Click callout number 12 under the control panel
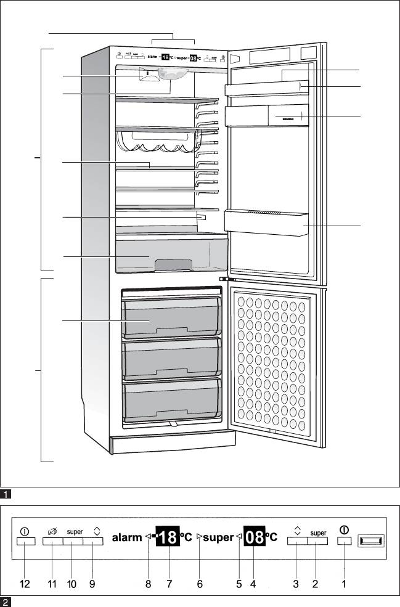point(25,585)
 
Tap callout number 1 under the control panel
point(344,585)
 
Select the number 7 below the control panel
point(169,585)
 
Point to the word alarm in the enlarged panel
point(127,538)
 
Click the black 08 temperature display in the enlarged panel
point(255,537)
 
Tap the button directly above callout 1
point(345,542)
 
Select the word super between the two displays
point(218,538)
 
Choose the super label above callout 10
point(75,531)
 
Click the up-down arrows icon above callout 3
point(297,530)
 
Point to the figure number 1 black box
point(5,494)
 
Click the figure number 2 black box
point(5,602)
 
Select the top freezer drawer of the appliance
point(172,317)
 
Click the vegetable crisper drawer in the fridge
point(171,256)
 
